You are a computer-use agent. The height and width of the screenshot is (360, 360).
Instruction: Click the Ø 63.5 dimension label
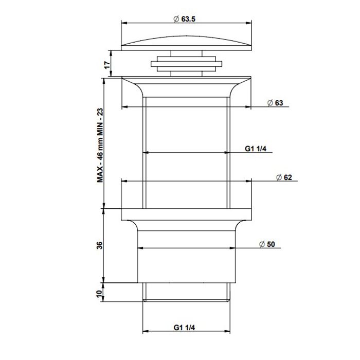click(186, 19)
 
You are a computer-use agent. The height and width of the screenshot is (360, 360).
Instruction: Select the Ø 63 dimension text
click(275, 103)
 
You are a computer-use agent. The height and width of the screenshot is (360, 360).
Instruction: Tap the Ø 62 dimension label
click(284, 177)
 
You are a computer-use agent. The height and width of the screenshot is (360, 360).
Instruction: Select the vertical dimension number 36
click(101, 245)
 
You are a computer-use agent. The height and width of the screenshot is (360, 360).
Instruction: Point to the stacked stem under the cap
click(186, 64)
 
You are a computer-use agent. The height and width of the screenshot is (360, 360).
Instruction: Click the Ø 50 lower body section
click(186, 257)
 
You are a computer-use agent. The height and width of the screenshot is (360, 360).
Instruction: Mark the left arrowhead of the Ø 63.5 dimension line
click(123, 23)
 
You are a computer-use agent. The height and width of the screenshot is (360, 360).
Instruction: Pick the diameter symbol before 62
click(278, 177)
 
